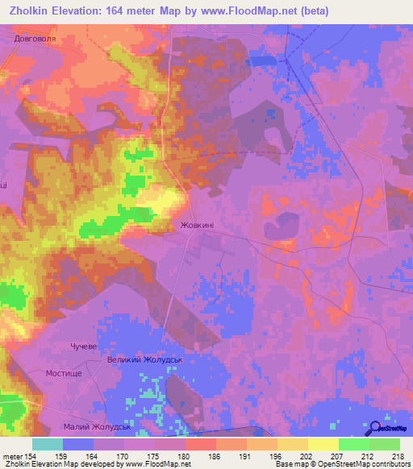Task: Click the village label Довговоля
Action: (x=37, y=37)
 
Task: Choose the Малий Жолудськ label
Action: (x=97, y=426)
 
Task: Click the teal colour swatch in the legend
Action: (x=48, y=444)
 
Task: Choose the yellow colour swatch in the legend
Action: (x=323, y=444)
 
